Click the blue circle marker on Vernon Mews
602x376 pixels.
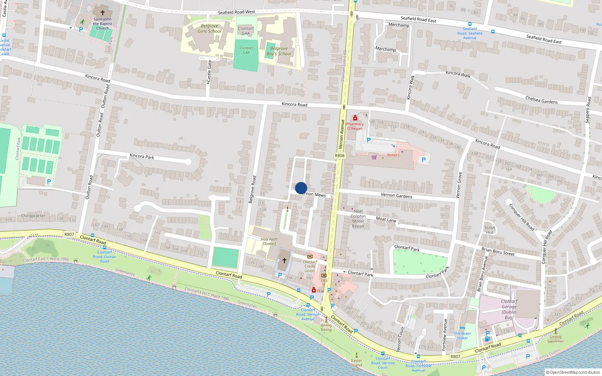tap(301, 188)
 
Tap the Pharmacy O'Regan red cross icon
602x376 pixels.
tap(355, 118)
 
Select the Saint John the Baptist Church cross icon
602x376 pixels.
tap(102, 13)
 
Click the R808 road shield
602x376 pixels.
tap(339, 156)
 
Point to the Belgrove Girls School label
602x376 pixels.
tap(210, 29)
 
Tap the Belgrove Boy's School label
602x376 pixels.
tap(279, 51)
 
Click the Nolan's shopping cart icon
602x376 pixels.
tap(374, 157)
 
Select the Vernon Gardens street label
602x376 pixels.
tap(396, 195)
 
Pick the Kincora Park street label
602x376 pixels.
tap(142, 156)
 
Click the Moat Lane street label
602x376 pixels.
tap(386, 219)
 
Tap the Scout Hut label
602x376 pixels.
tap(490, 230)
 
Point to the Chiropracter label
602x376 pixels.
tap(33, 216)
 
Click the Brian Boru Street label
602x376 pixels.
tap(498, 252)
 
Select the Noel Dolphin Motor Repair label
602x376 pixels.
tap(358, 219)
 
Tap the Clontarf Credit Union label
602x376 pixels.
tap(310, 266)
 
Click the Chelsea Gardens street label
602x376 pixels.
tap(541, 100)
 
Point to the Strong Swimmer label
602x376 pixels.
tap(555, 339)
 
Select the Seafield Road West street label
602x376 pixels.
tap(236, 12)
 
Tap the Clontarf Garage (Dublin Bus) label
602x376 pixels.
tap(509, 309)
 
